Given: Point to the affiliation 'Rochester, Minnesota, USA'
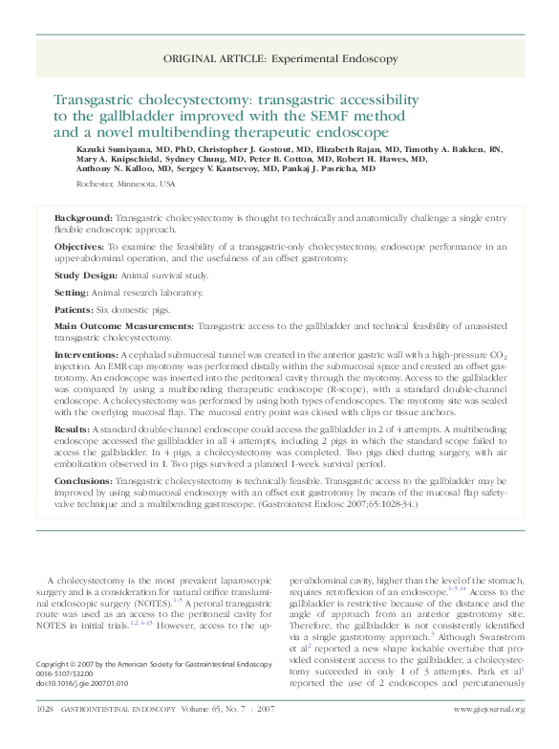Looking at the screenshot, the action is (x=125, y=183).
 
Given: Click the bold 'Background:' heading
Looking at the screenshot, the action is (x=83, y=219).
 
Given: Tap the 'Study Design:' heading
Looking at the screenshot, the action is (x=86, y=275).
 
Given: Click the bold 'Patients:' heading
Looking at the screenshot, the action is (x=75, y=309).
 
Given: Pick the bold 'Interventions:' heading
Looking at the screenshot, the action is (x=86, y=355).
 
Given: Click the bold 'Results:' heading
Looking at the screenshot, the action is (x=73, y=430).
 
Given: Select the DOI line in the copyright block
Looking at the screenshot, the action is (x=81, y=684).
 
